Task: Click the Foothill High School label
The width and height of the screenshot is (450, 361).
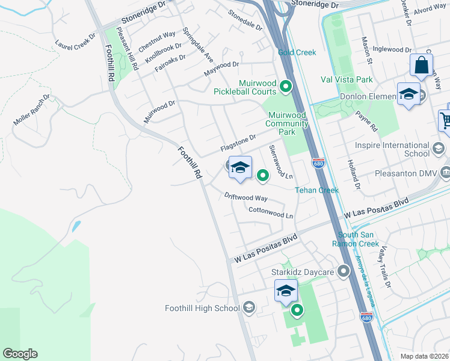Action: point(202,309)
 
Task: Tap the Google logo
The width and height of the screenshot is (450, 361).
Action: point(20,354)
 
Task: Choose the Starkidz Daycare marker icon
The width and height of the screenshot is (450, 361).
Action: point(344,271)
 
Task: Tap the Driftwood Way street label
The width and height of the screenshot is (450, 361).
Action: point(245,197)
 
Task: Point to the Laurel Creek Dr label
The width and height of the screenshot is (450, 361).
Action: point(75,40)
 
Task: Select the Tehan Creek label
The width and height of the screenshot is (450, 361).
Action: point(316,190)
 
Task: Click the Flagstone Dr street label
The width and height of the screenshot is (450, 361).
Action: point(238,143)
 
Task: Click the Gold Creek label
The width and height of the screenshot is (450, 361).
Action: point(297,52)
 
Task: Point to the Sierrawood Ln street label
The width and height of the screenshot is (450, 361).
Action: point(280,162)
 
